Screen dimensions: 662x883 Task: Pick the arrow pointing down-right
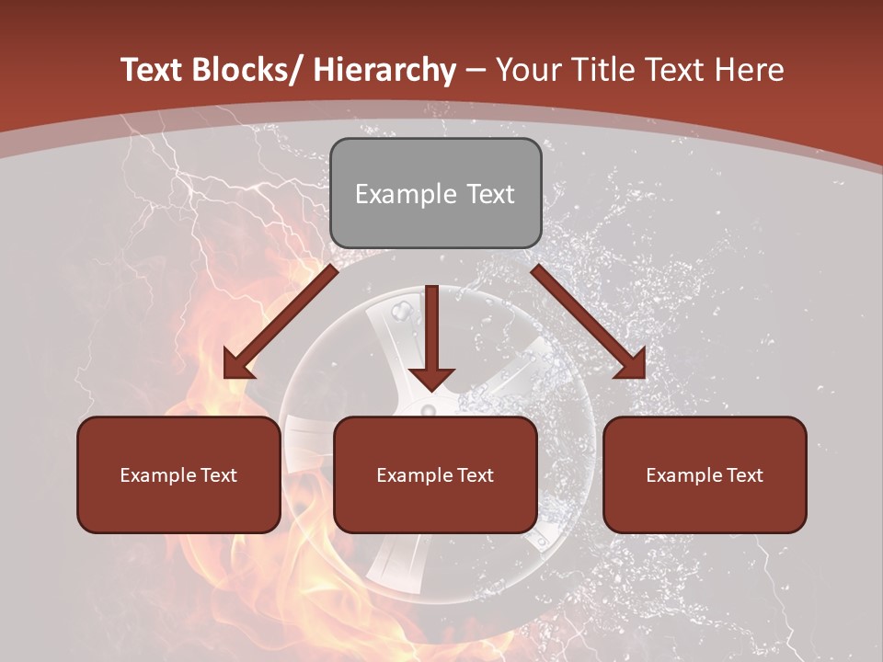(589, 322)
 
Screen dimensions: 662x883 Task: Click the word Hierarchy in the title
(384, 70)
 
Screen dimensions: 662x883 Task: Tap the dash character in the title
(476, 70)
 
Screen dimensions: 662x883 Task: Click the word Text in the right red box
(743, 475)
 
